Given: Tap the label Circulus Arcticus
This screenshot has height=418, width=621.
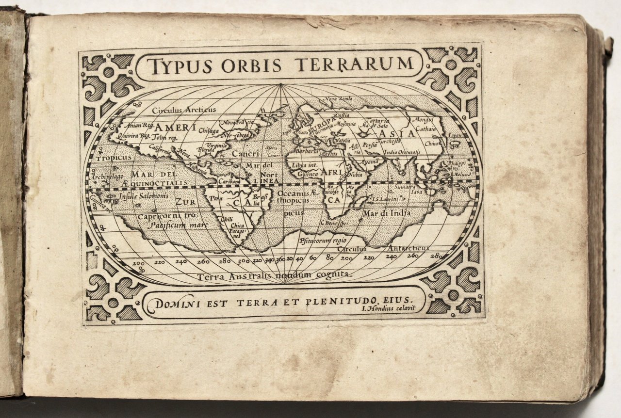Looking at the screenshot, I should [x=184, y=110].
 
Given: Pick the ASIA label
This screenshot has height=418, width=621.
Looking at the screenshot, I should [x=396, y=133].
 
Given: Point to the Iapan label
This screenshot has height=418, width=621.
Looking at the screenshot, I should [x=455, y=136].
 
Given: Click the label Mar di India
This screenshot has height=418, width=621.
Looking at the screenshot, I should [x=387, y=213].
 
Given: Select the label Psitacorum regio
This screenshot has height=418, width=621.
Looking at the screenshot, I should [x=323, y=240].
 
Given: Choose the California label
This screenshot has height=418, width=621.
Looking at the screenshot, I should [x=160, y=149].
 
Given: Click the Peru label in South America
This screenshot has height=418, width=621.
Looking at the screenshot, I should [x=216, y=199].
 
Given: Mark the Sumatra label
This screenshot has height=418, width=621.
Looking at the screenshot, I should [x=403, y=187].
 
